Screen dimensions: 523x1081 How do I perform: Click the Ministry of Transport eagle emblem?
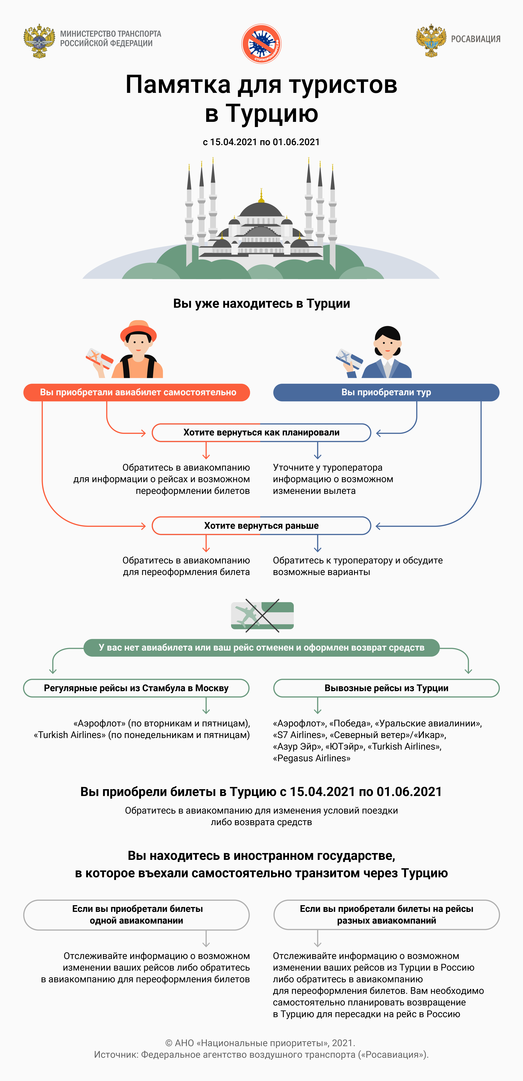coord(39,41)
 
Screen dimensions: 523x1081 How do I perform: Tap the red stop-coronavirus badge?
coord(262,43)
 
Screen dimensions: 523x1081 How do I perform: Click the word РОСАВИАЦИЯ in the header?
coord(476,39)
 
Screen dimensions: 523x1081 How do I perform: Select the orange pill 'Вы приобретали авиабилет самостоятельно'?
coord(137,392)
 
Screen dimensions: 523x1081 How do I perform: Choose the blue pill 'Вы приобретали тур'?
coord(386,392)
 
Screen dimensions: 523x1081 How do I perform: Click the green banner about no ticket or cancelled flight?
coord(262,648)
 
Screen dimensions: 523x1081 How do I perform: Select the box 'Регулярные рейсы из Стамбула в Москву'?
coord(136,688)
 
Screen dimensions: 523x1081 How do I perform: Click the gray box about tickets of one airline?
coord(136,915)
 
